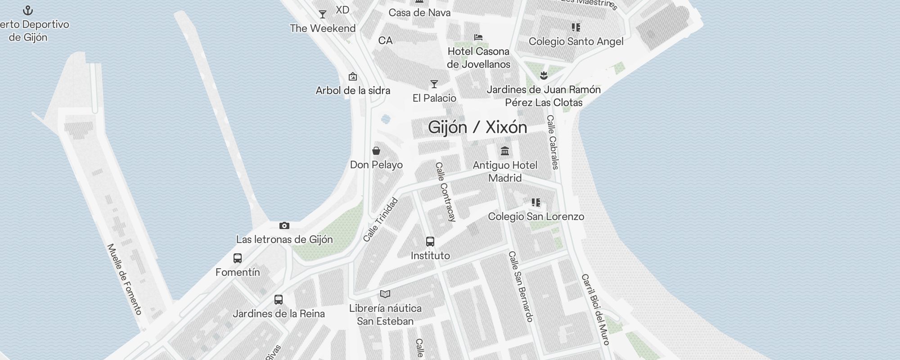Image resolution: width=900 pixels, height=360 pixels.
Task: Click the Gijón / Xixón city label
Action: (x=477, y=127)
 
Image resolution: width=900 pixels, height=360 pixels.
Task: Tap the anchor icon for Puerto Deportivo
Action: (x=28, y=10)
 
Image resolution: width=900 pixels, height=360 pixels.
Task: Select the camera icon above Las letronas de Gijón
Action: (x=284, y=225)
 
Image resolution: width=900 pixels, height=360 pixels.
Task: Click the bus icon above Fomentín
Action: (x=238, y=258)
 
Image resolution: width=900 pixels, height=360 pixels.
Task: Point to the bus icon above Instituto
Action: (x=430, y=242)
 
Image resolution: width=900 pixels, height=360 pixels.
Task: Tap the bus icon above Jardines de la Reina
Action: (x=279, y=300)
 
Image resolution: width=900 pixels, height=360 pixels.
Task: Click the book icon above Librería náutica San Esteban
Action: (x=385, y=294)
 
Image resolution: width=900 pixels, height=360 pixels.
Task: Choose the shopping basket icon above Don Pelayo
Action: (x=376, y=151)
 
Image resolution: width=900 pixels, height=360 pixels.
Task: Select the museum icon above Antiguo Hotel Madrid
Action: (x=505, y=151)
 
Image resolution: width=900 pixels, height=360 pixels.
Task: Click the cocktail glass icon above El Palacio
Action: (x=434, y=84)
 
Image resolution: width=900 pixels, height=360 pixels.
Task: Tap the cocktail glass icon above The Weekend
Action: (x=323, y=14)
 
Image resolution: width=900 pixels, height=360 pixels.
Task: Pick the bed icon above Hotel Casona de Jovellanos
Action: (x=478, y=37)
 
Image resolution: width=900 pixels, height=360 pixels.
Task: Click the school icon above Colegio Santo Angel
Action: (x=576, y=27)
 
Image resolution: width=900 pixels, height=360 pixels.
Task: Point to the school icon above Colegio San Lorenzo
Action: (x=535, y=202)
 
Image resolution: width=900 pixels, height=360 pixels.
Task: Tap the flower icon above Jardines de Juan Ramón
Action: (x=544, y=75)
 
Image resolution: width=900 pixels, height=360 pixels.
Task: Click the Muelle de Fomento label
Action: (x=125, y=279)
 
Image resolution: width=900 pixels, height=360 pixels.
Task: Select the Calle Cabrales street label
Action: (x=553, y=142)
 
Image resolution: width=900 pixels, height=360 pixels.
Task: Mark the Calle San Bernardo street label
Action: (x=521, y=286)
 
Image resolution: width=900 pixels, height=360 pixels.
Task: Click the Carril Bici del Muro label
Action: (x=595, y=309)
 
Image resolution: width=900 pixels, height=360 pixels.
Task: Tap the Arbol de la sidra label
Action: (x=353, y=90)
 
